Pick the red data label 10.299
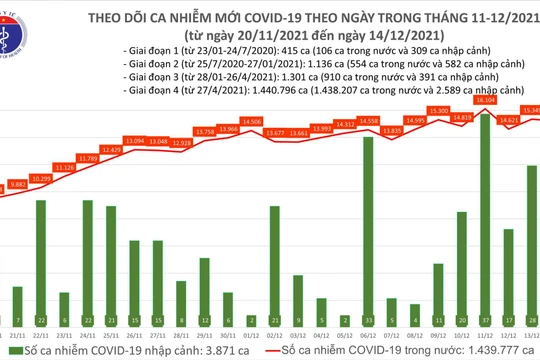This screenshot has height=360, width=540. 41,178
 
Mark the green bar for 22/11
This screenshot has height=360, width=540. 41,256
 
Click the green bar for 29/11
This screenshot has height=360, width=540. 204,296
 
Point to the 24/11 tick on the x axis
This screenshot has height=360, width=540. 88,336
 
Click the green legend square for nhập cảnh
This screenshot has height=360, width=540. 9,352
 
